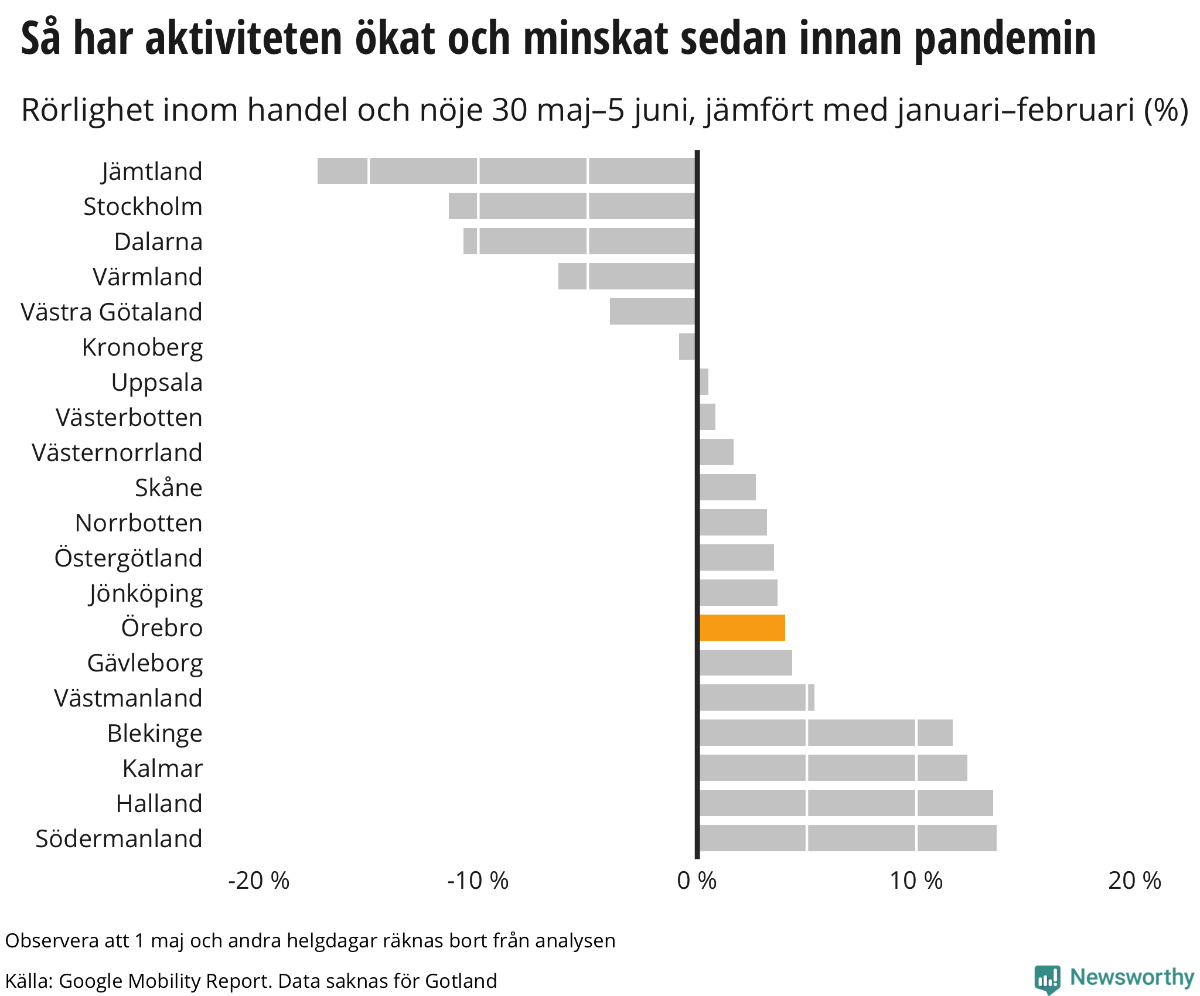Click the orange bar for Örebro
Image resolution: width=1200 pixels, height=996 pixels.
742,627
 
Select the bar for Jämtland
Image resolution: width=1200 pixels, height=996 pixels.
507,171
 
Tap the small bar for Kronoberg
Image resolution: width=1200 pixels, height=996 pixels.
687,347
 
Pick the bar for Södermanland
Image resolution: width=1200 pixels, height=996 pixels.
848,838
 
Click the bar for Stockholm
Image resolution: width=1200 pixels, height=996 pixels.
572,206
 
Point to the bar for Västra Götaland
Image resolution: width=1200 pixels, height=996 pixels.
653,312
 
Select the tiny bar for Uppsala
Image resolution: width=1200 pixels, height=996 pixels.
704,382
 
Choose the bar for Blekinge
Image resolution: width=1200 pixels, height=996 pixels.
826,732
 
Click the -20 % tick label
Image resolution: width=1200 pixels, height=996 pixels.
259,881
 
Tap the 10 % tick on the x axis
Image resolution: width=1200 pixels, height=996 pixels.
916,881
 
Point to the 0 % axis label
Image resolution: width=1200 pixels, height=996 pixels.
697,881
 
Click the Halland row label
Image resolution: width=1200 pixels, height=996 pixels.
159,803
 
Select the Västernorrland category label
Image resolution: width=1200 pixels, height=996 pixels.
117,452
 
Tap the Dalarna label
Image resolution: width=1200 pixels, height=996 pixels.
158,241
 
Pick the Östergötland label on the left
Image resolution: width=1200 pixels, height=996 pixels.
128,558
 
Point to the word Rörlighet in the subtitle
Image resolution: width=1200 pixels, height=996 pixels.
96,110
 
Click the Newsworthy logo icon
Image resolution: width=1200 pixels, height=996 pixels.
1048,979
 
